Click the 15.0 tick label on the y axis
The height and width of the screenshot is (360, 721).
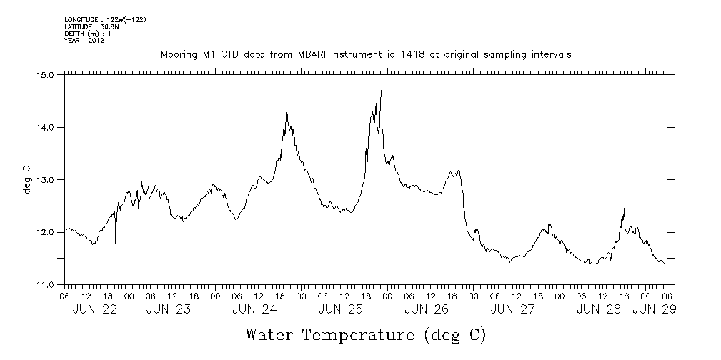pyautogui.click(x=46, y=74)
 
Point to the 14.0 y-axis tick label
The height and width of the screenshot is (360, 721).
pyautogui.click(x=46, y=127)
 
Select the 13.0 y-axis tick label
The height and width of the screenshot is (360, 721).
pyautogui.click(x=46, y=180)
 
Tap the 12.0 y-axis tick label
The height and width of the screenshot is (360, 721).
pyautogui.click(x=46, y=232)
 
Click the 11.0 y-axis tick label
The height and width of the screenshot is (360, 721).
pyautogui.click(x=46, y=285)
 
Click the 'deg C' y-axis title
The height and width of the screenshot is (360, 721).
pyautogui.click(x=26, y=179)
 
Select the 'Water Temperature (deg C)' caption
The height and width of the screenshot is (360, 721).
pyautogui.click(x=365, y=335)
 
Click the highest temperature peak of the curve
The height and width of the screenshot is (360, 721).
pyautogui.click(x=382, y=91)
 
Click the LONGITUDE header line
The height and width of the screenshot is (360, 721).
pyautogui.click(x=105, y=19)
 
